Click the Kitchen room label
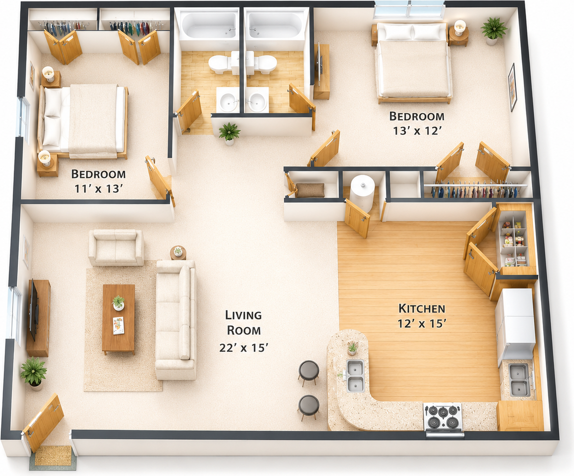(422, 308)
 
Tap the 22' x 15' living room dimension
(244, 347)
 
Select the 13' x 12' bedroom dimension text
(416, 130)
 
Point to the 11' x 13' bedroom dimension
(98, 188)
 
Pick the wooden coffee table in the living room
(118, 319)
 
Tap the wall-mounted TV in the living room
(33, 309)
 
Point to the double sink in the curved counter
(355, 376)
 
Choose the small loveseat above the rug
(116, 247)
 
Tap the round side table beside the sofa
(178, 252)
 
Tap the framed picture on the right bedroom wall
(512, 87)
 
